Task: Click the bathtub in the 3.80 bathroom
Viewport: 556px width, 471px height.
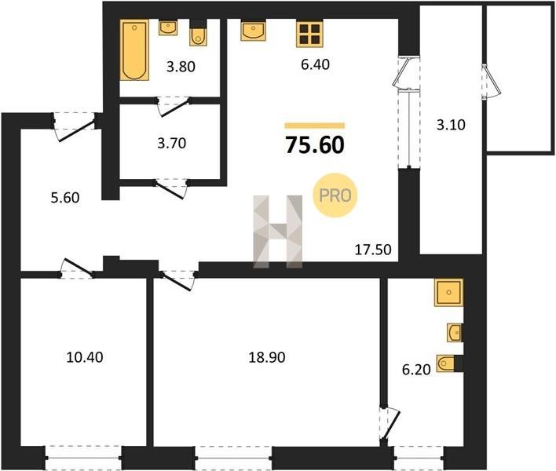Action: click(x=134, y=50)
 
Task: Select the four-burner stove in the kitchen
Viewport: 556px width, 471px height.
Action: click(x=309, y=34)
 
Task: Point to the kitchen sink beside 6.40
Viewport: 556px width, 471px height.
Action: click(x=254, y=30)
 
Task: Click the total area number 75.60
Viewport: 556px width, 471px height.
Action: click(x=315, y=145)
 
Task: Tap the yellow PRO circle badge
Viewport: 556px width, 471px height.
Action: click(x=335, y=195)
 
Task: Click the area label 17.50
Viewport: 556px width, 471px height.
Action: click(x=373, y=250)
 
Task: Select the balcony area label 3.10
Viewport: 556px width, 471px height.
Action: click(x=451, y=125)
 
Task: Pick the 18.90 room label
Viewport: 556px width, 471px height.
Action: click(x=267, y=358)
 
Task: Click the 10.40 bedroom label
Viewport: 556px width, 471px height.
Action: click(x=85, y=357)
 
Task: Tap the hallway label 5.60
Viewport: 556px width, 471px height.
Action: click(x=65, y=198)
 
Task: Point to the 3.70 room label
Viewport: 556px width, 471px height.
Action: click(x=172, y=143)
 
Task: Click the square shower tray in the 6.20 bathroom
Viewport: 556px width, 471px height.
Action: click(x=448, y=292)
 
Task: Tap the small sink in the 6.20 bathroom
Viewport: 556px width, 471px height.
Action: click(x=454, y=333)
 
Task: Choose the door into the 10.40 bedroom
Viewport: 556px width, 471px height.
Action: click(x=77, y=268)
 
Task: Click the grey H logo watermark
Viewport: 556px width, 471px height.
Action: click(x=278, y=232)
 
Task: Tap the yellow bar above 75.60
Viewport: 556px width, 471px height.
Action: click(x=315, y=125)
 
